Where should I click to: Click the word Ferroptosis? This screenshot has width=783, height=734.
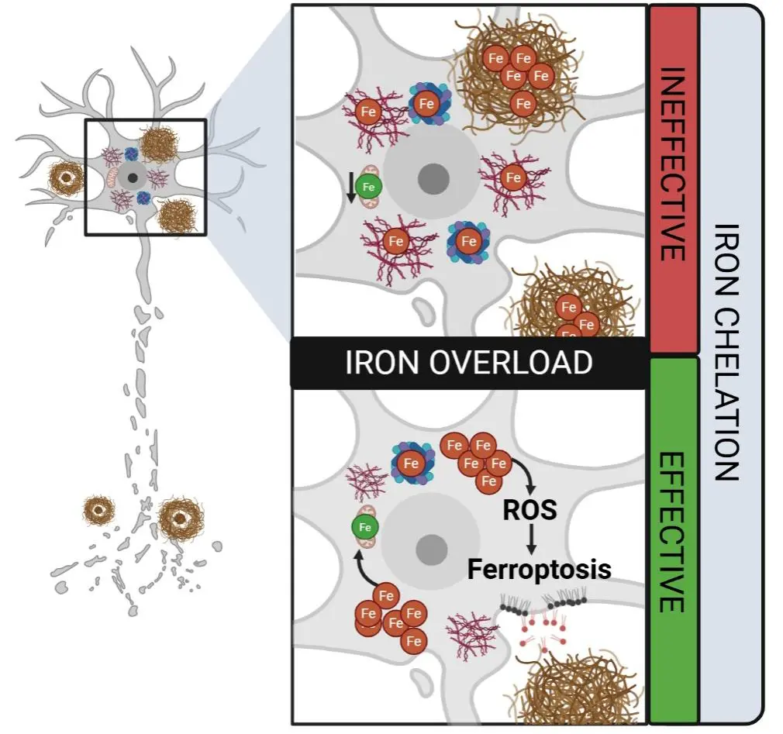(539, 570)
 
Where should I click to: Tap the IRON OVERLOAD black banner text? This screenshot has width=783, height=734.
(468, 363)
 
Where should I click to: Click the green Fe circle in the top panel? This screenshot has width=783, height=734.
(369, 186)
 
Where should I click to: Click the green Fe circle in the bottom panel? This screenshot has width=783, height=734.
(364, 528)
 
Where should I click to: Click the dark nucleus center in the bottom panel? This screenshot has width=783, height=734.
(429, 550)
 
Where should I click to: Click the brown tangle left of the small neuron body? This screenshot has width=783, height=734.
(66, 178)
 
